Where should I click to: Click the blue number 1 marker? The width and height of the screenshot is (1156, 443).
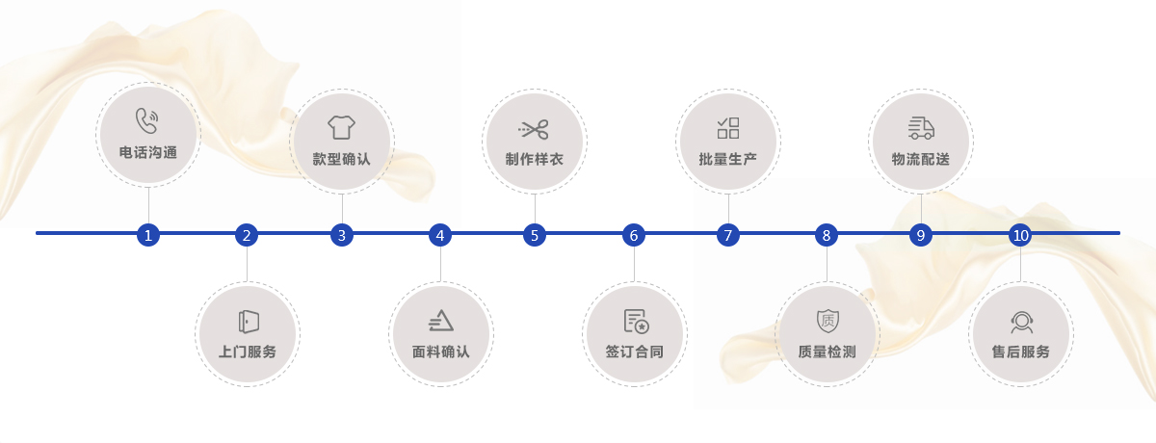[148, 235]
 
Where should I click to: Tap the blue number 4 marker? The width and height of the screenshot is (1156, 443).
[439, 235]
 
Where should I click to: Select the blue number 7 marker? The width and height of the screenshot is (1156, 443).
[727, 235]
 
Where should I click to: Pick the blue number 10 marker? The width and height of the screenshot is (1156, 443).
[1020, 235]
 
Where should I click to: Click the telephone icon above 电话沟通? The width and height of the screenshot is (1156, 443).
[147, 120]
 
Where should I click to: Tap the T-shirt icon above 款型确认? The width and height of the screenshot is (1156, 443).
[341, 127]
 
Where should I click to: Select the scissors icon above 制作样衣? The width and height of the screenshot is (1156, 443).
[534, 129]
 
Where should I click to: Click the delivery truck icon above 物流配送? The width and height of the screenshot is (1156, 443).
[921, 128]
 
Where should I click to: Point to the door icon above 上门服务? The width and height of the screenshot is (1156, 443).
[249, 322]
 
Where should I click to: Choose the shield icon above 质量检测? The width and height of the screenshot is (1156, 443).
[828, 321]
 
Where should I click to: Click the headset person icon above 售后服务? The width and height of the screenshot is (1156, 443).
[1021, 323]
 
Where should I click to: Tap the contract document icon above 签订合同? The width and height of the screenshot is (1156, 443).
[637, 321]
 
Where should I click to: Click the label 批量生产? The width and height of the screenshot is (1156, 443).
[727, 159]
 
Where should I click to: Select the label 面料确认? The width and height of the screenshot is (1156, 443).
[441, 352]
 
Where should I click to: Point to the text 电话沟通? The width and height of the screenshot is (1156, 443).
[148, 153]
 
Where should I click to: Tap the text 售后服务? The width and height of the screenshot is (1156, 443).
[1021, 352]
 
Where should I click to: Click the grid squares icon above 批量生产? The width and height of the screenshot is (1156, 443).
[728, 128]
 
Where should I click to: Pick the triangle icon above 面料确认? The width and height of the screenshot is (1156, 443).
[441, 321]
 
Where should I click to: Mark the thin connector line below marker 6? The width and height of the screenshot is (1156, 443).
[634, 264]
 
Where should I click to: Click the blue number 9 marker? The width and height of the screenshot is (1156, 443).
[921, 235]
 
